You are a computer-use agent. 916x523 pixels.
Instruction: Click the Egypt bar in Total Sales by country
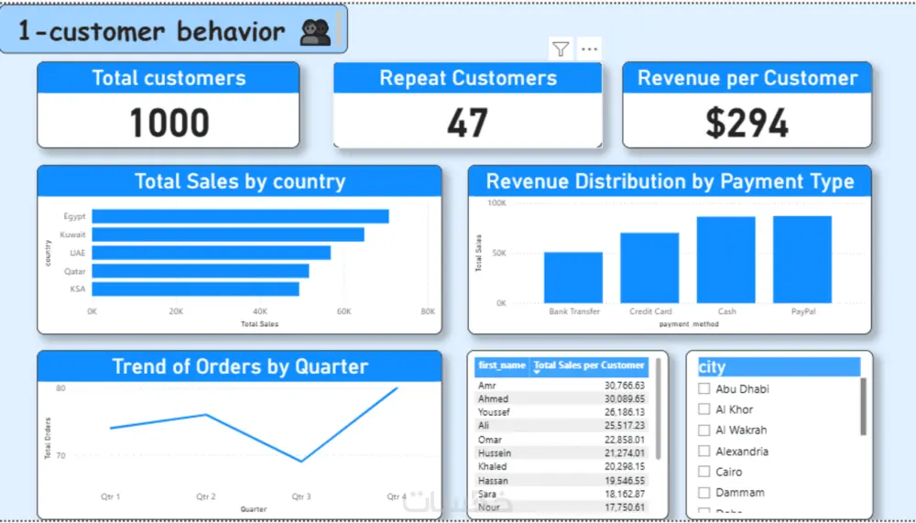click(x=240, y=216)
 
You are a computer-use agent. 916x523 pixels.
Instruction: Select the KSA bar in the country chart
click(x=195, y=289)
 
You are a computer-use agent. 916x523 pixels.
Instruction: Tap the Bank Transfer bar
click(x=573, y=277)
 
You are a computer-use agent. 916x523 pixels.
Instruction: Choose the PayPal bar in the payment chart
click(x=802, y=259)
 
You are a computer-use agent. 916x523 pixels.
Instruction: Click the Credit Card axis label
click(x=650, y=311)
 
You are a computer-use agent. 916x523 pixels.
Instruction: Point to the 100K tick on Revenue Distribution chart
click(x=496, y=202)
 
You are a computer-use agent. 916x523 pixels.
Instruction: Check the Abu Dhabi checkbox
click(x=704, y=388)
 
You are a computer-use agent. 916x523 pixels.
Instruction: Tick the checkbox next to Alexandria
click(x=704, y=451)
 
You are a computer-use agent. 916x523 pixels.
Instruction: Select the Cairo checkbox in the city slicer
click(x=704, y=472)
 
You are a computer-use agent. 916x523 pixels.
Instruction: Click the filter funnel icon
click(x=561, y=49)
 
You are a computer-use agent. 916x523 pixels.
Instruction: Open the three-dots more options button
click(x=589, y=49)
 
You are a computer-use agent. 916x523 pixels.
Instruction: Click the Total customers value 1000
click(x=169, y=122)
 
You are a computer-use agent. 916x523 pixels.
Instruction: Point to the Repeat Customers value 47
click(x=467, y=123)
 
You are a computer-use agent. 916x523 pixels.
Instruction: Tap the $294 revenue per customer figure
click(x=747, y=123)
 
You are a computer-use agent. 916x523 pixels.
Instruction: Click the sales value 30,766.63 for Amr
click(x=619, y=386)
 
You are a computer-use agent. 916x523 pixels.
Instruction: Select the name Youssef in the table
click(x=494, y=412)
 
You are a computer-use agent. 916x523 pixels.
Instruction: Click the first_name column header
click(x=501, y=365)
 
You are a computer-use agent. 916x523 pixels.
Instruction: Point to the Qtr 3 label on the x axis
click(x=301, y=496)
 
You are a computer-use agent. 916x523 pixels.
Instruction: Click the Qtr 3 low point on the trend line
click(x=301, y=461)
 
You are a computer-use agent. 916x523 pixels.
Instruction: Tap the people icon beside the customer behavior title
click(x=315, y=33)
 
